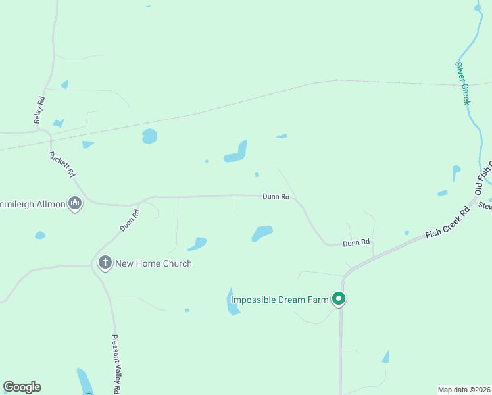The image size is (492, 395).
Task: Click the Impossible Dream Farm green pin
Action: click(x=339, y=300)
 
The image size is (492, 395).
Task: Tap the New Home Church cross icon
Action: click(x=105, y=263)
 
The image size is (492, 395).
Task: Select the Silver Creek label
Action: click(x=463, y=83)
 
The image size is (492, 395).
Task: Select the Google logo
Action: click(x=22, y=387)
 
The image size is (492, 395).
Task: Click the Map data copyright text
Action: click(x=464, y=389)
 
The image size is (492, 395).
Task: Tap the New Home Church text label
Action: click(x=153, y=263)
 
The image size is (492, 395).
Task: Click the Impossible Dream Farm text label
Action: click(x=280, y=300)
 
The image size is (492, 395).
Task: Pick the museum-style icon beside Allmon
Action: click(x=76, y=204)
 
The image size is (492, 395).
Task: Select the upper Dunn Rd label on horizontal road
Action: click(x=276, y=196)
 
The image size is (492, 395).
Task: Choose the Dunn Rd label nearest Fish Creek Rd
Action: click(x=356, y=243)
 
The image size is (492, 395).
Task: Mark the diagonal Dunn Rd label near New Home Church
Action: click(x=130, y=221)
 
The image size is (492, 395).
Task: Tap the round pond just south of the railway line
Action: click(x=150, y=136)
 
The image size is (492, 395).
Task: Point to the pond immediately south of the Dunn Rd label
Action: click(x=262, y=233)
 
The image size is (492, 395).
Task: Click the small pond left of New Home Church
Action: click(x=40, y=235)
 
